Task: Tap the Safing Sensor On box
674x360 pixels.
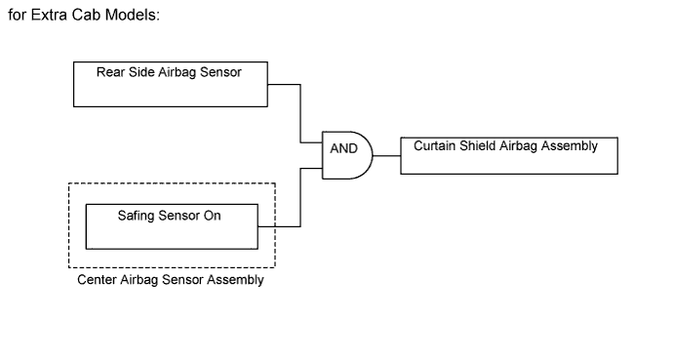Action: pos(172,225)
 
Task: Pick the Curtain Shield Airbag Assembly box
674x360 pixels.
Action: pos(508,155)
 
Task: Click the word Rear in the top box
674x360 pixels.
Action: pos(111,71)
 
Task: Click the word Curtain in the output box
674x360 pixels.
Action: pos(435,145)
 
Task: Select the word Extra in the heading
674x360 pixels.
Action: pos(49,20)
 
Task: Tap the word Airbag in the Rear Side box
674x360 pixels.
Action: pos(179,71)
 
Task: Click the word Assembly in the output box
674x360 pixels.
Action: pos(570,145)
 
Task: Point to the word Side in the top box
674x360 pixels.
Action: pos(142,71)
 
